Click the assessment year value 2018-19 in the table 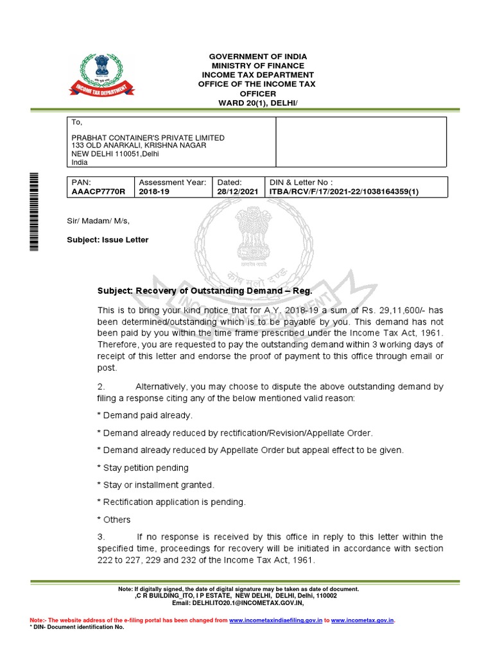coord(155,192)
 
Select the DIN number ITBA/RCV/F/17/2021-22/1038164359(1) coord(344,192)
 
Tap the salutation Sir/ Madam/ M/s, coord(99,221)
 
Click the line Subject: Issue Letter coord(108,240)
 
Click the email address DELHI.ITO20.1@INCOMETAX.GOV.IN coord(256,603)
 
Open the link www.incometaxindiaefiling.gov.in coord(275,620)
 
